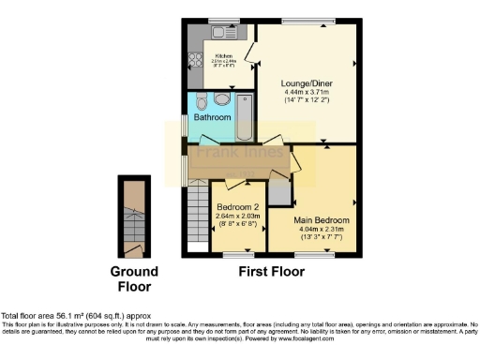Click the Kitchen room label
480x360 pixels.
click(x=224, y=55)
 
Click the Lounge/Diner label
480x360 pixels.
click(x=307, y=82)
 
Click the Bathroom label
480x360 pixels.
click(x=212, y=118)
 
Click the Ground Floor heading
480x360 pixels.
click(x=135, y=279)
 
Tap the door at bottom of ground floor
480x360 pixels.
click(x=135, y=249)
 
